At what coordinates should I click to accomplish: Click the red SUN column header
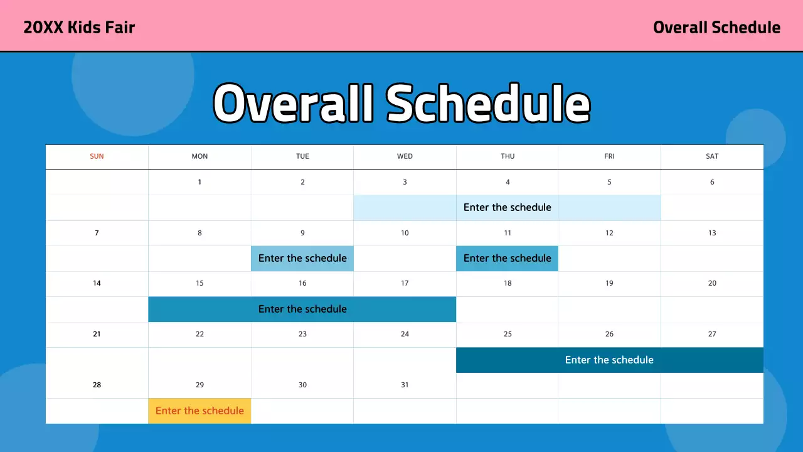pos(97,156)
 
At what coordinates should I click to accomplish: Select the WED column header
pos(405,156)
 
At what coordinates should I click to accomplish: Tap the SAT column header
pos(712,156)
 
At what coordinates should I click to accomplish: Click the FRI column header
pos(609,156)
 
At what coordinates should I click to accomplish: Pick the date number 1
pos(199,182)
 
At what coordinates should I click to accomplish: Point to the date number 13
pos(712,233)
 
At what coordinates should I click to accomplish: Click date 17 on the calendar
pos(405,283)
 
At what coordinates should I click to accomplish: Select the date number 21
pos(97,334)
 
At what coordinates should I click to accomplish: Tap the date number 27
pos(712,334)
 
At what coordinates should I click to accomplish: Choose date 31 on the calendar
pos(405,385)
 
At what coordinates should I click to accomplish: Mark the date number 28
pos(97,385)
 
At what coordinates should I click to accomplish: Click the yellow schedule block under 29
pos(199,411)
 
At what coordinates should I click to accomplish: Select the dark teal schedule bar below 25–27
pos(609,360)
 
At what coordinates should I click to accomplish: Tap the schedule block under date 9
pos(302,258)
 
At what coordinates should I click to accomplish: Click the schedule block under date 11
pos(507,258)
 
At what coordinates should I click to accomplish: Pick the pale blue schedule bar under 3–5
pos(507,207)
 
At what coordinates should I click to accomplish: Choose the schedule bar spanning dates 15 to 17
pos(302,309)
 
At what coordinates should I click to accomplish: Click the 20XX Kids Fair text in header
pos(79,28)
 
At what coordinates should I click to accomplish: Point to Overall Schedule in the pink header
pos(716,28)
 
